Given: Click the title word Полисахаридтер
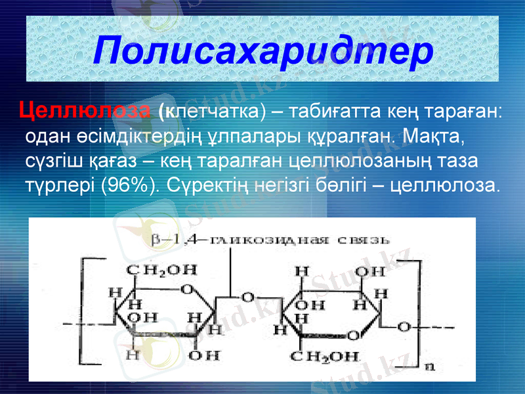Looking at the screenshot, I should click(x=262, y=51).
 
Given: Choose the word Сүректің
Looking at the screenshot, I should click(x=203, y=185).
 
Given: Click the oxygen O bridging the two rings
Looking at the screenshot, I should click(x=248, y=297).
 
